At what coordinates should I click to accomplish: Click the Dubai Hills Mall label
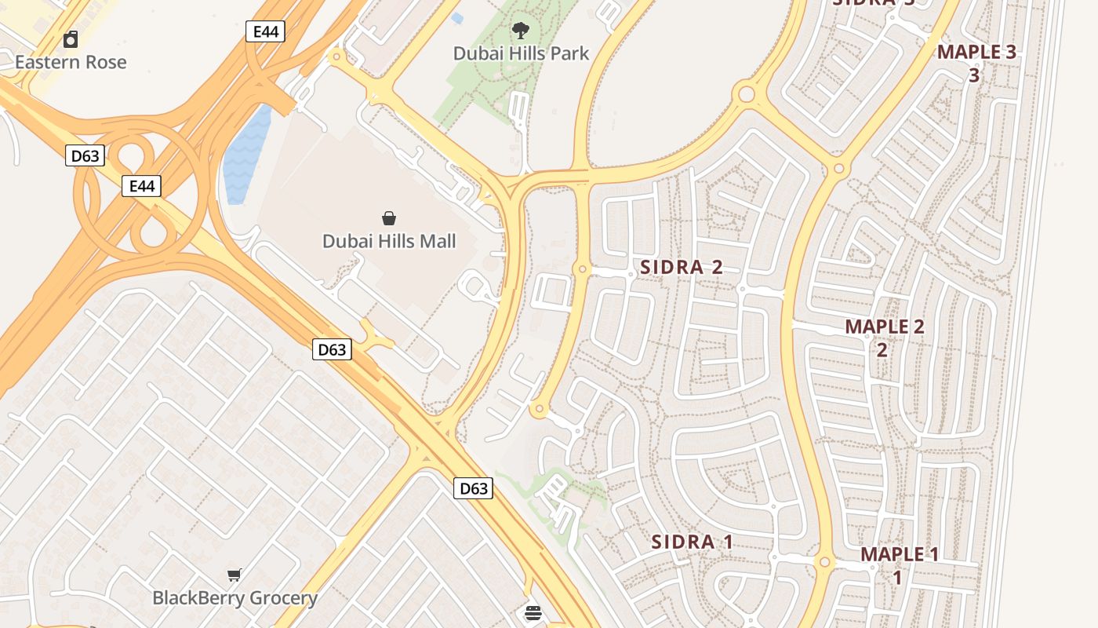[389, 241]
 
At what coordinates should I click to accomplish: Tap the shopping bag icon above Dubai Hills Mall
[389, 218]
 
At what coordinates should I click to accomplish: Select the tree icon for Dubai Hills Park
[520, 31]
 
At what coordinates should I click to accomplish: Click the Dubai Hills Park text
[521, 53]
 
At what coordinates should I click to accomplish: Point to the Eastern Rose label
[71, 62]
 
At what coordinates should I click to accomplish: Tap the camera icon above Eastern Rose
[71, 39]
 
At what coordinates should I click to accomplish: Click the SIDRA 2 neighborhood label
[682, 267]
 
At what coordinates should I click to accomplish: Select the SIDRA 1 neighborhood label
[693, 542]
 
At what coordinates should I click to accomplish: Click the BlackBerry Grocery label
[235, 598]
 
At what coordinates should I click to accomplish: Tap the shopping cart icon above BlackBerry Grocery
[234, 575]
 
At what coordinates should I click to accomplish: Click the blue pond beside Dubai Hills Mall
[247, 157]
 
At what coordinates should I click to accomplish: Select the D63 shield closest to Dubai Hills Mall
[332, 349]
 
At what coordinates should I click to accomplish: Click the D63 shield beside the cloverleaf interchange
[85, 155]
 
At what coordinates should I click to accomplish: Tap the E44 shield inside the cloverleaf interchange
[141, 186]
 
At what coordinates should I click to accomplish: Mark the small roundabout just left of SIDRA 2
[582, 269]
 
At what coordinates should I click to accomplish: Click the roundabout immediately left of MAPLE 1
[823, 562]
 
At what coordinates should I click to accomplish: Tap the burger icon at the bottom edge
[533, 613]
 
